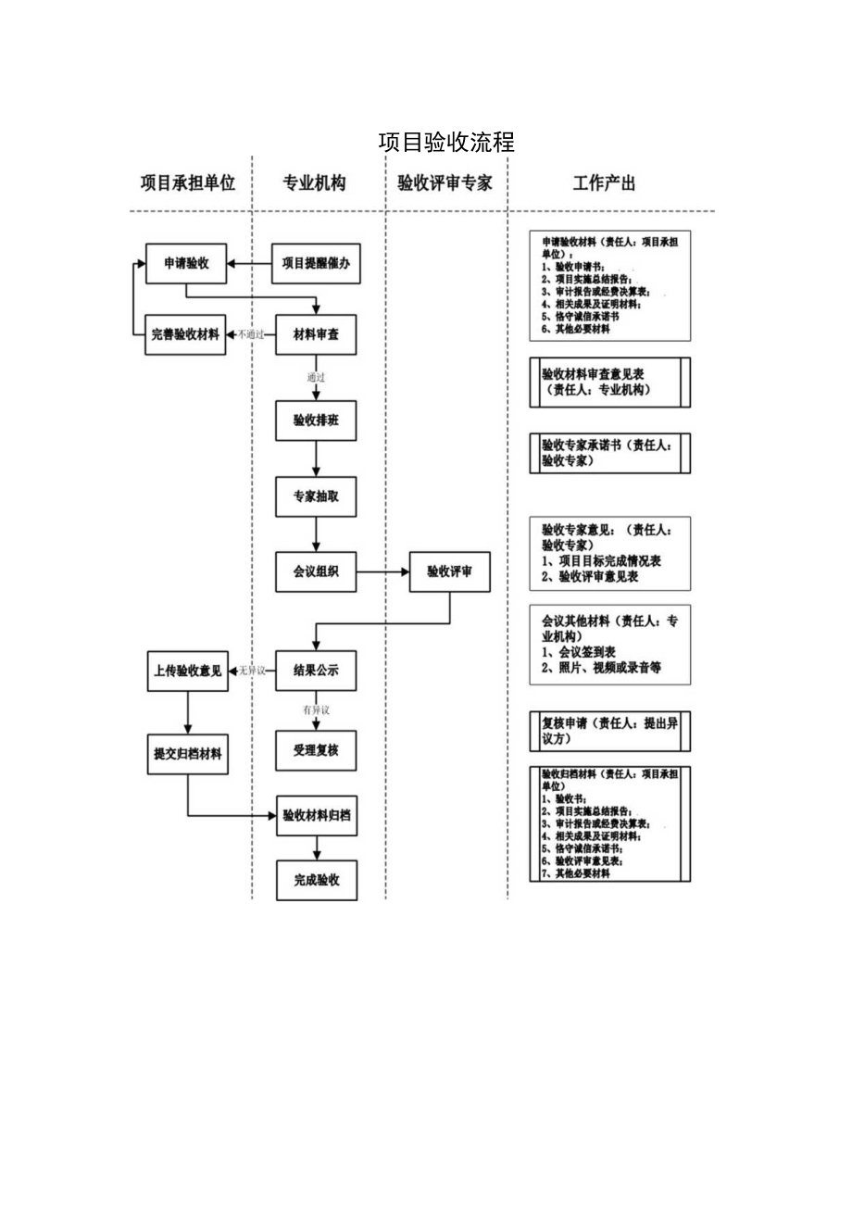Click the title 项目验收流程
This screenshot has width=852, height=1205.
(446, 143)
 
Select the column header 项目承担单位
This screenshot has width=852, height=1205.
(188, 183)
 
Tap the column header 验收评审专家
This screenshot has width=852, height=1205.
(445, 183)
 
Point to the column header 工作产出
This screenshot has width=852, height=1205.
(604, 183)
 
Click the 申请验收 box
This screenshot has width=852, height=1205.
(186, 263)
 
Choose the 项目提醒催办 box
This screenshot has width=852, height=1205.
(316, 263)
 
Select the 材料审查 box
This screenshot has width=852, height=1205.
(316, 334)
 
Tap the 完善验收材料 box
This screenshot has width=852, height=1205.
(186, 334)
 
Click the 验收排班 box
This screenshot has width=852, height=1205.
(316, 420)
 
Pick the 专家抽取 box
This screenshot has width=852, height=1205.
(316, 496)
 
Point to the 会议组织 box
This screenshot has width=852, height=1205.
(316, 572)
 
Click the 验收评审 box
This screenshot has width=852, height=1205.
(449, 572)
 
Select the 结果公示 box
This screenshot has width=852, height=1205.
(316, 671)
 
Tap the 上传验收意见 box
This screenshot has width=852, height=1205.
(187, 671)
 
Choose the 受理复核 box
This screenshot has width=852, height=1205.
(316, 750)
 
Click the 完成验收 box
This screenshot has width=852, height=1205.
(316, 880)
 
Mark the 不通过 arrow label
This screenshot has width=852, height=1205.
(251, 334)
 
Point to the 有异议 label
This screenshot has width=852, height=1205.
(316, 710)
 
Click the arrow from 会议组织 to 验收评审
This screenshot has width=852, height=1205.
(383, 572)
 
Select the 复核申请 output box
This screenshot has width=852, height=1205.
(610, 732)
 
